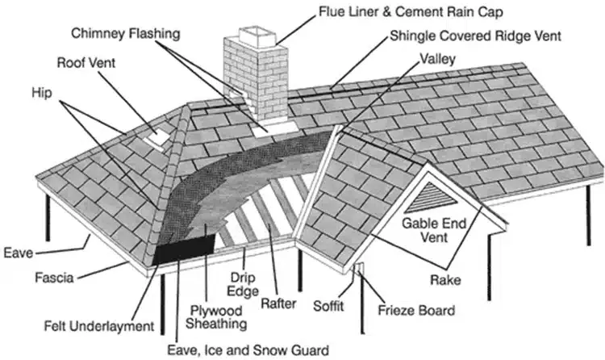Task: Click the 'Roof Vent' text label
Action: (x=88, y=62)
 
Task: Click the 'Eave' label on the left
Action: (x=17, y=253)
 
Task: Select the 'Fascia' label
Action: (x=55, y=278)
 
